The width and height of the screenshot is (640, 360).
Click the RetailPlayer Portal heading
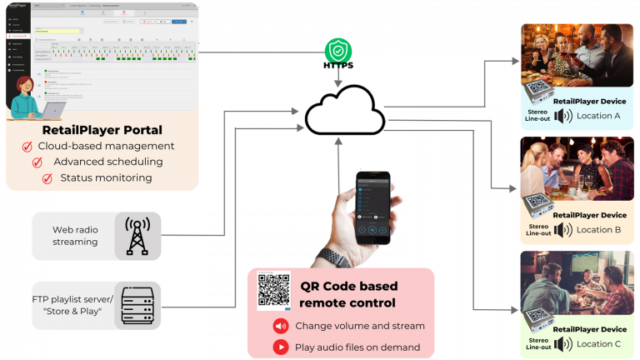102,130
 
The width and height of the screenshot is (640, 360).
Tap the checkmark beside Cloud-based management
27,147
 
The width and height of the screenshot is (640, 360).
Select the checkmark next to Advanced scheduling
37,162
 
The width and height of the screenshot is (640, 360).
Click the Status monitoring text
107,177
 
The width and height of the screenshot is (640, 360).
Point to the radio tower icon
136,236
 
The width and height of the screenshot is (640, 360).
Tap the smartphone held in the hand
372,208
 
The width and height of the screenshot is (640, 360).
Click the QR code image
273,290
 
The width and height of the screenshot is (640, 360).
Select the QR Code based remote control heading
348,294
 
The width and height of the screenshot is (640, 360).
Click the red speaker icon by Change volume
281,326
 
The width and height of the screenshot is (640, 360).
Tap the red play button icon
281,347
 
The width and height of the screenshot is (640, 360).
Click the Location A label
598,116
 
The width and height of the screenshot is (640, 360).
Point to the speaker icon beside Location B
563,229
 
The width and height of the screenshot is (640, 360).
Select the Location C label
598,343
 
